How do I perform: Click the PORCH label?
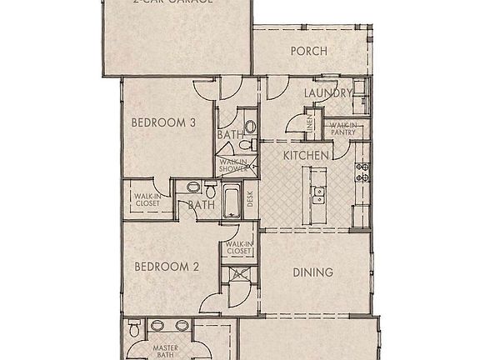click(x=308, y=52)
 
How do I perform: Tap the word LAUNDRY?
click(x=325, y=92)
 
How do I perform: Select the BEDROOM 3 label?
click(x=163, y=123)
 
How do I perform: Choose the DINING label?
click(x=313, y=272)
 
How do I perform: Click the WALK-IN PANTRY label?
click(x=342, y=128)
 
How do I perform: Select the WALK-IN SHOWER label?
click(x=233, y=166)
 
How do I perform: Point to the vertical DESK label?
click(x=250, y=200)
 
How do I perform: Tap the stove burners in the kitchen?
click(x=362, y=172)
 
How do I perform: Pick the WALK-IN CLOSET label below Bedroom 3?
click(x=147, y=201)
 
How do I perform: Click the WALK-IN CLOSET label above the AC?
click(x=238, y=248)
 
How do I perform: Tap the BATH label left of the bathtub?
click(x=201, y=204)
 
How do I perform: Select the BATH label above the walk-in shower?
click(x=230, y=134)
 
